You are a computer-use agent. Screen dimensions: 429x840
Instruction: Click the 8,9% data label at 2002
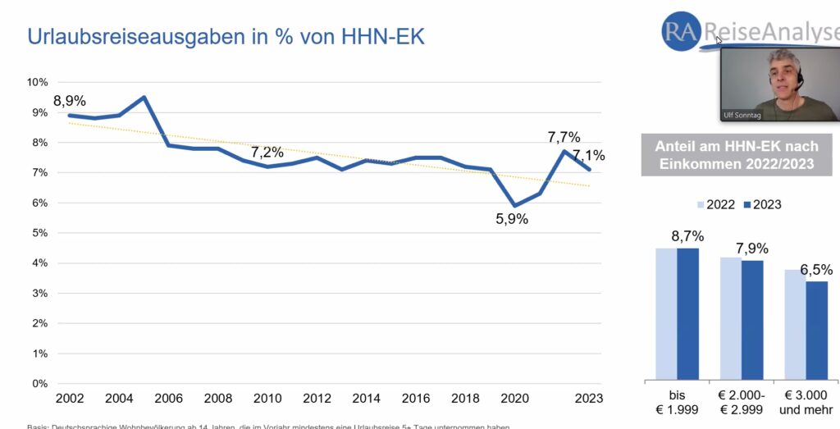point(70,101)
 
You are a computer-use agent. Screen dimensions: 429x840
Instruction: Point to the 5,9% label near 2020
point(512,219)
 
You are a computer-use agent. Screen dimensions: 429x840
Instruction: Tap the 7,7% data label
point(564,137)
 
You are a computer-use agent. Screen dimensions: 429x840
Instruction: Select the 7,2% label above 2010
point(267,152)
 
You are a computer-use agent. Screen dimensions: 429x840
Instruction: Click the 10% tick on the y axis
point(38,82)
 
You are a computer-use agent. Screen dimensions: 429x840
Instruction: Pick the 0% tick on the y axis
point(40,383)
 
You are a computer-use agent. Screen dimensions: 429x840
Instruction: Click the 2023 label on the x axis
point(588,399)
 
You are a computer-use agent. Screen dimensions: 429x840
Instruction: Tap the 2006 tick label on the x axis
point(168,399)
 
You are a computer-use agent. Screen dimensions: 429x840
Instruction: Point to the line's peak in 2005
point(144,98)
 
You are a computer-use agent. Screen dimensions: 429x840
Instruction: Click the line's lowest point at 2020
point(514,205)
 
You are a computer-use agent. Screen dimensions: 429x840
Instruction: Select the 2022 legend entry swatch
point(701,204)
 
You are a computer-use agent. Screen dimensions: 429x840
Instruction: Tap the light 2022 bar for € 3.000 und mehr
point(795,323)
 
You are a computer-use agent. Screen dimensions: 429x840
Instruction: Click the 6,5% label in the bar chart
point(816,269)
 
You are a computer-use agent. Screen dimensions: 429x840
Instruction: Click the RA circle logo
point(680,31)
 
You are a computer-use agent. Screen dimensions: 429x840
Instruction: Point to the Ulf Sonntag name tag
point(742,115)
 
